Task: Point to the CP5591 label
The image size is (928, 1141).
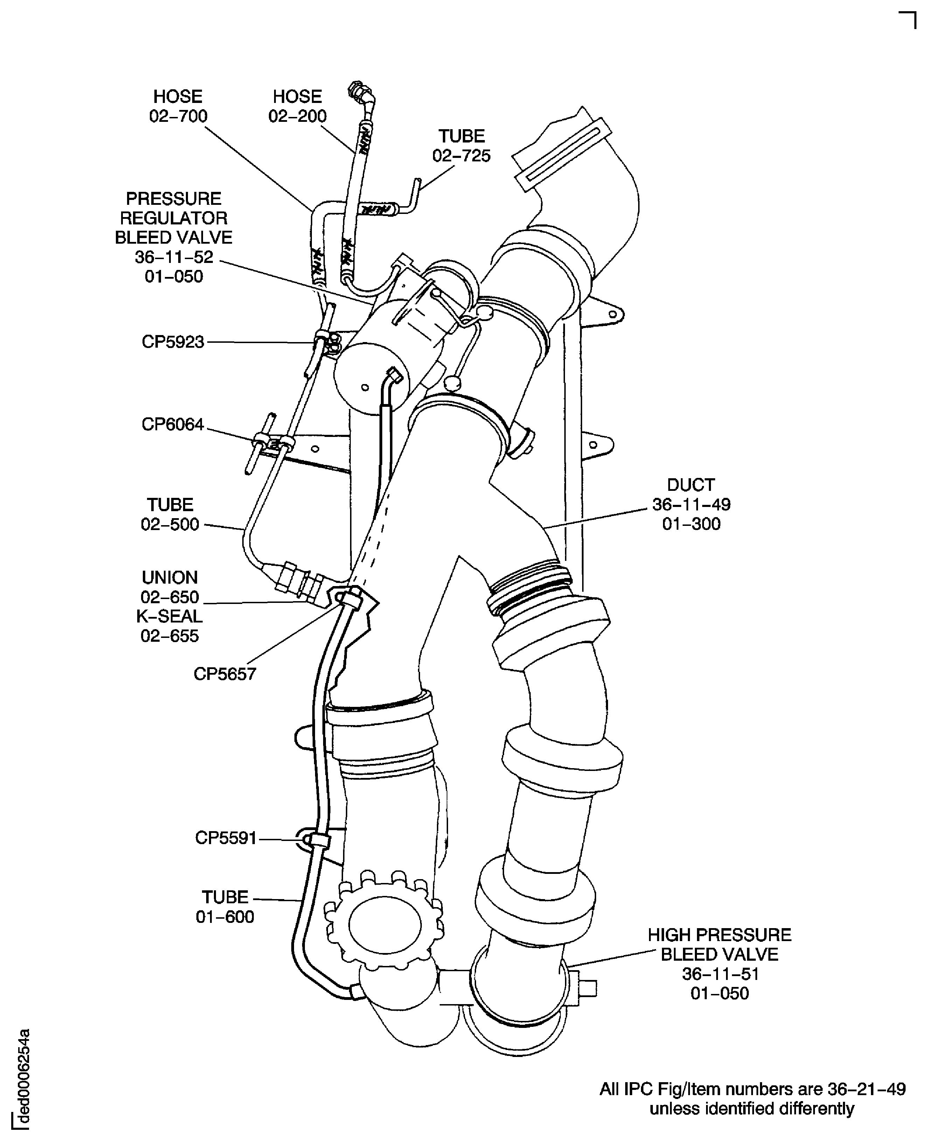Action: [x=226, y=837]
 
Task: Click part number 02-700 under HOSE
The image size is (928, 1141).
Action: [x=178, y=116]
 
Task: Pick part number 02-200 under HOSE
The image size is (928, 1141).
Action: [x=297, y=116]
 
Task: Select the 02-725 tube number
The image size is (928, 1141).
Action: [x=461, y=155]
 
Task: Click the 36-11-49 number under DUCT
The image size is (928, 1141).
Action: [x=691, y=504]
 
